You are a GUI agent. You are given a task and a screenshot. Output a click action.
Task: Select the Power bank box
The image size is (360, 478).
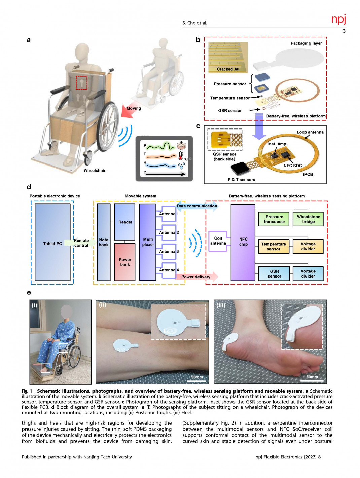pos(125,262)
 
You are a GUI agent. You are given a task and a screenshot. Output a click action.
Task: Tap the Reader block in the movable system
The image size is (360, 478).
pos(125,222)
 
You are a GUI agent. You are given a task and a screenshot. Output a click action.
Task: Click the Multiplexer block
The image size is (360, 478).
pos(148,242)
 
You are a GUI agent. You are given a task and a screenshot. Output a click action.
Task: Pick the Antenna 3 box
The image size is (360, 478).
pos(168,252)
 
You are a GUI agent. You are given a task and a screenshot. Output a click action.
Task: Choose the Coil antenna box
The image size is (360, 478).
pos(218,241)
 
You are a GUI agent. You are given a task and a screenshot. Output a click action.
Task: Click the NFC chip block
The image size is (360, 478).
pos(243,242)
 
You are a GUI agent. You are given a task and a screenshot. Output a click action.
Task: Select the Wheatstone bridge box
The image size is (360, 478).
pos(308,219)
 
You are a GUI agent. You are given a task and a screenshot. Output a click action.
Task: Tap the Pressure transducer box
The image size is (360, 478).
pos(274,219)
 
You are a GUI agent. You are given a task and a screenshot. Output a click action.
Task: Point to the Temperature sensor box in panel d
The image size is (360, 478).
pos(274,247)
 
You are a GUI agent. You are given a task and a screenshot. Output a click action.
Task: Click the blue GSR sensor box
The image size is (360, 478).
pos(274,274)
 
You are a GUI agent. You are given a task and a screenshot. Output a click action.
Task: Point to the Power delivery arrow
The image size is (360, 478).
pos(197,277)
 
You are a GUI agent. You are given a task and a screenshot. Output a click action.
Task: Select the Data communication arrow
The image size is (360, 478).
pos(197,206)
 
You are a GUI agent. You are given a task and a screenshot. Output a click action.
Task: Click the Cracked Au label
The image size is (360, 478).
pos(228,69)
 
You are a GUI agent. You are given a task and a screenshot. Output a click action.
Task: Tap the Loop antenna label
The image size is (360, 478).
pos(310,132)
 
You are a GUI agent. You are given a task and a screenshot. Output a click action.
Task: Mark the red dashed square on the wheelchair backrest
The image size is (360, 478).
pos(81,83)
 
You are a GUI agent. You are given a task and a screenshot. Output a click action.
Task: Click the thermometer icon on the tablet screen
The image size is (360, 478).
pos(181,156)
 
